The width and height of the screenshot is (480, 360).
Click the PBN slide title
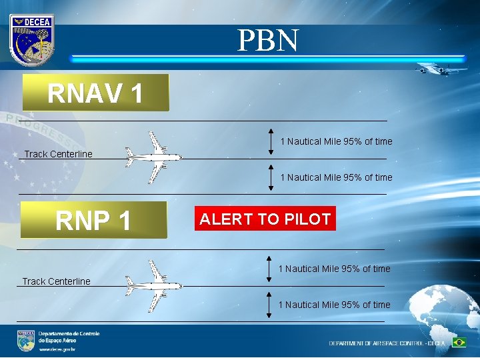(268, 41)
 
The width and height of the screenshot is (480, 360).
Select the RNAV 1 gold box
(95, 93)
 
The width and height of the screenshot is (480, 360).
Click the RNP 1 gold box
(93, 220)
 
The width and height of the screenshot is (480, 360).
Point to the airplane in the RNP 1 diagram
(154, 286)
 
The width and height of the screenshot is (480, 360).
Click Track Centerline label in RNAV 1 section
(59, 155)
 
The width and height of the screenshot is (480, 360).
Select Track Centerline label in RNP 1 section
(56, 281)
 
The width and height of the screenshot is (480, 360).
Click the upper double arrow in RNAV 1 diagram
(271, 141)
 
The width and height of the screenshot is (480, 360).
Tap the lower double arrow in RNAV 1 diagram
(271, 177)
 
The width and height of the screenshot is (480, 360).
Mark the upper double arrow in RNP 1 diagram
(269, 268)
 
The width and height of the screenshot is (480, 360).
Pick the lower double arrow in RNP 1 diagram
(269, 304)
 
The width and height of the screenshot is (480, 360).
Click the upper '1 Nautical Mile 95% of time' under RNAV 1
(336, 141)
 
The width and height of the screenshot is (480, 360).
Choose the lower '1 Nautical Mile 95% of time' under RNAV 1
(336, 177)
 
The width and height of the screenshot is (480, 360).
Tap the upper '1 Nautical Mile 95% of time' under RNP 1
(334, 269)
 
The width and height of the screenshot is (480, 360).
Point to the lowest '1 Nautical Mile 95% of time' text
(334, 305)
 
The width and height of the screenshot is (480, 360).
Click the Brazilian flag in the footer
(459, 342)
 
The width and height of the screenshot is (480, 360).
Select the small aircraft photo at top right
(441, 68)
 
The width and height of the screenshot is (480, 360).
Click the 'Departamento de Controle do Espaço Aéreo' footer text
(69, 337)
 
